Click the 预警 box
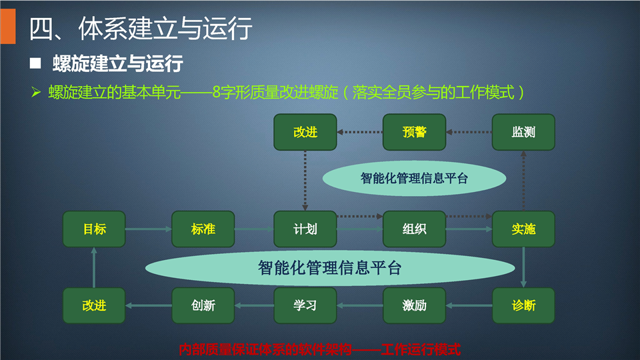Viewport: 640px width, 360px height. [x=414, y=132]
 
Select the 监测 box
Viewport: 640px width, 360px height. [x=523, y=132]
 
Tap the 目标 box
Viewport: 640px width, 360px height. [x=94, y=229]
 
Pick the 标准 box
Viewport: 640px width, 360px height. [x=203, y=229]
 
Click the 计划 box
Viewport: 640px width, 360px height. [x=305, y=229]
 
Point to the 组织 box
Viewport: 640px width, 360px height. [x=414, y=229]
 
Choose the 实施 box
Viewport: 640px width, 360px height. [x=523, y=229]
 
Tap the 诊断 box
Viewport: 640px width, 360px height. [x=523, y=305]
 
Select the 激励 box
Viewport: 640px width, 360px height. [x=414, y=305]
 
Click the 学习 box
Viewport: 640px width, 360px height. [x=305, y=305]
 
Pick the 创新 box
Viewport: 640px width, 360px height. [x=203, y=305]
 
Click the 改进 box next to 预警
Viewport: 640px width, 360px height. [x=305, y=132]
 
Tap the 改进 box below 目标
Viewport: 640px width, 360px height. [x=94, y=305]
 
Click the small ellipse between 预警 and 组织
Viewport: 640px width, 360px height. [x=414, y=179]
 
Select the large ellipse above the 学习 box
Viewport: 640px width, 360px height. [x=330, y=268]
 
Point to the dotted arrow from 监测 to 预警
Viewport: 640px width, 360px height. [x=469, y=132]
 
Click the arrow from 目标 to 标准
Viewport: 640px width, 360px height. [x=149, y=229]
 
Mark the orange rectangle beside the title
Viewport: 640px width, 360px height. [x=8, y=26]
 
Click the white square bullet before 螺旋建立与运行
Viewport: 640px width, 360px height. [x=35, y=63]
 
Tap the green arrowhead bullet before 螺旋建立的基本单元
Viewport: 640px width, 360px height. [x=36, y=92]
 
